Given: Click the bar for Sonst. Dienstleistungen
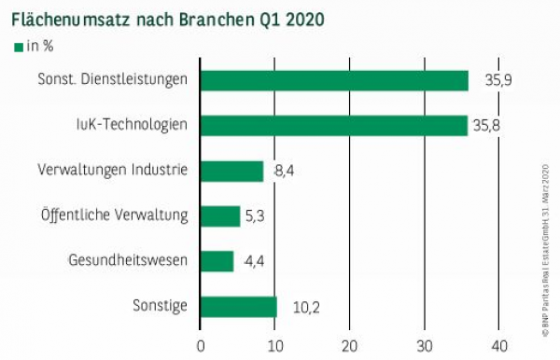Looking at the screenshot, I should (334, 80).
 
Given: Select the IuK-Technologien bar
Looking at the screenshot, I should (334, 125).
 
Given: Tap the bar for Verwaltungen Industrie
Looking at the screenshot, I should (232, 171).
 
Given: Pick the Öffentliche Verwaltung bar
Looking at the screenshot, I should (220, 216).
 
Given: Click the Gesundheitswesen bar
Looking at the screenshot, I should (217, 261).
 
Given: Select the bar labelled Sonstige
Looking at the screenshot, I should (239, 307).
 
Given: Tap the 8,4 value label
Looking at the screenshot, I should (285, 171).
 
